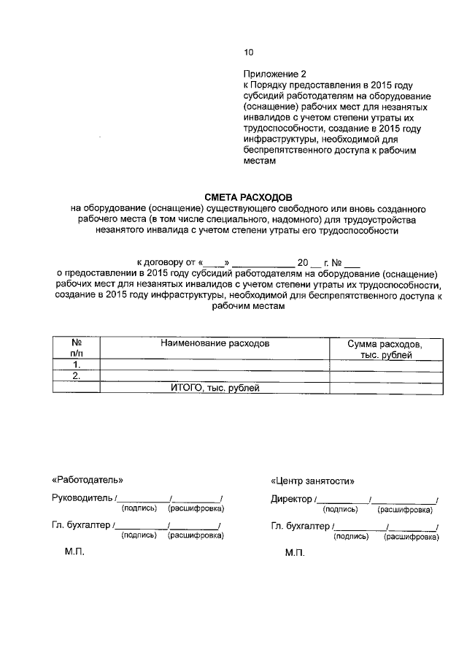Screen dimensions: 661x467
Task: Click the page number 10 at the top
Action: [248, 52]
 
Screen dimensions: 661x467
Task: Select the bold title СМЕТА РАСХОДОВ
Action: [247, 197]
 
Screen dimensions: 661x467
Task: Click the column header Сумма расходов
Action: [385, 343]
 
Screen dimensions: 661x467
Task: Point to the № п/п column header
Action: [75, 348]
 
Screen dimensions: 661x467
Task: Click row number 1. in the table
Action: [75, 364]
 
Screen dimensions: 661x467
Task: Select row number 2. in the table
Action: [75, 375]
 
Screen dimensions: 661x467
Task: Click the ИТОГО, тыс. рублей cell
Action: [215, 387]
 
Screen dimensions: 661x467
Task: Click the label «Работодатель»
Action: [88, 480]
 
